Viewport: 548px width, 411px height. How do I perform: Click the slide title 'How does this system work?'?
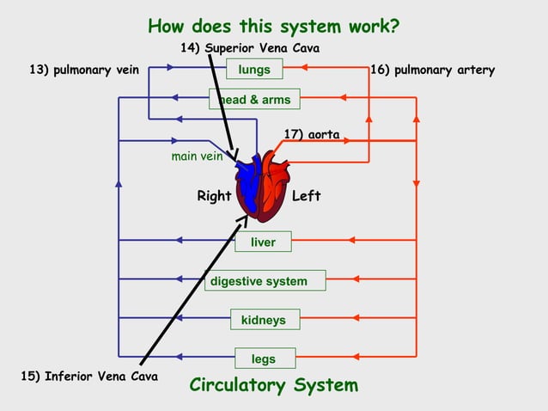point(273,26)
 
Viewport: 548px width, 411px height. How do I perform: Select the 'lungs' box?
point(254,69)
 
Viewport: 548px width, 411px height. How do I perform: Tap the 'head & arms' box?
point(254,100)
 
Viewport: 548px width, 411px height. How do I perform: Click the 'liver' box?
point(263,242)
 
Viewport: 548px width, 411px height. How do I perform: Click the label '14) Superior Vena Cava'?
point(249,47)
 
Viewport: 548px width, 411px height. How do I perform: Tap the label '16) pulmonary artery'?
point(432,70)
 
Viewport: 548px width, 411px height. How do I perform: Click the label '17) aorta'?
point(311,134)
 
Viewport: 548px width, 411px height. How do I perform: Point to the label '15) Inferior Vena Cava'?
point(88,376)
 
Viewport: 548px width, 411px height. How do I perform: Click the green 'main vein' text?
point(197,156)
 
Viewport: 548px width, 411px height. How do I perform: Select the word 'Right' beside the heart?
point(214,196)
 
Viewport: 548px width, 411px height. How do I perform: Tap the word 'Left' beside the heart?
point(306,196)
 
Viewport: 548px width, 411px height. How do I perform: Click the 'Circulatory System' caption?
point(273,385)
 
